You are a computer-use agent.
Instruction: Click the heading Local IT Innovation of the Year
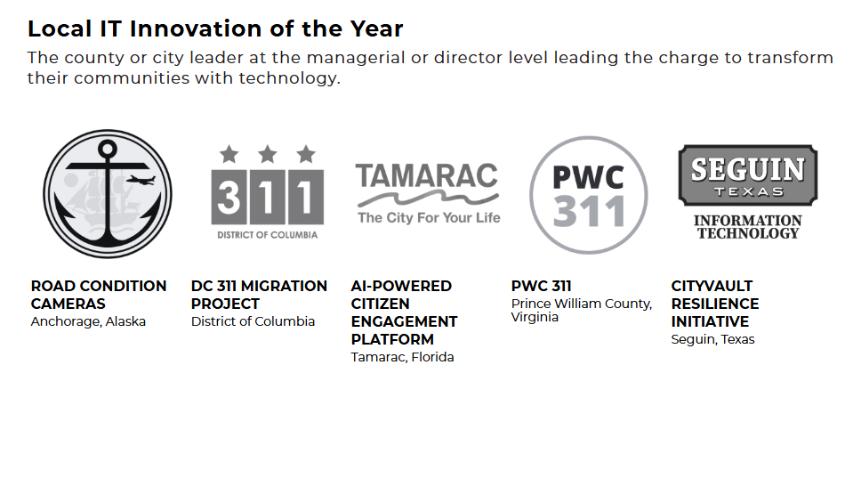tap(215, 28)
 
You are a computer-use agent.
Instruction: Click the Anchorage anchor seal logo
tap(107, 193)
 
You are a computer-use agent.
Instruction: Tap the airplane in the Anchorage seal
tap(141, 180)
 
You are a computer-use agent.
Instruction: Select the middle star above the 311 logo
tap(268, 155)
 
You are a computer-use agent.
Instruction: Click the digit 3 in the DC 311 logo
tap(229, 197)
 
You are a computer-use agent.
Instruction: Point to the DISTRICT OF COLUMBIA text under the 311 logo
tap(267, 235)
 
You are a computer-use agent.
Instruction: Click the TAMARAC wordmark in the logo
tap(427, 175)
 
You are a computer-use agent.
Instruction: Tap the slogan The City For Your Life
tap(429, 217)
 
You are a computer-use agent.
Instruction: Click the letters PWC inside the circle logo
tap(588, 177)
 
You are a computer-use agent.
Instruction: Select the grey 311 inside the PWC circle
tap(588, 212)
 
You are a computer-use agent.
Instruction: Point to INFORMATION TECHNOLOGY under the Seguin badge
tap(747, 227)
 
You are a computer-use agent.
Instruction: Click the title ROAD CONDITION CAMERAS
tap(98, 295)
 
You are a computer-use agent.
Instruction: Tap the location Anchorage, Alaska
tap(88, 321)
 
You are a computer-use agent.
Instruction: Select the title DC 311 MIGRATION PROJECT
tap(259, 295)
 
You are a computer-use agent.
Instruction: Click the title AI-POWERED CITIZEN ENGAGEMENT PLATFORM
tap(404, 312)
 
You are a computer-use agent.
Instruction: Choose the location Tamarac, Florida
tap(402, 357)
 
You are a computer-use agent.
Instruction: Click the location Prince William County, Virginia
tap(581, 310)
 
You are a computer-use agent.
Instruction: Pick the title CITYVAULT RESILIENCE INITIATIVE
tap(714, 304)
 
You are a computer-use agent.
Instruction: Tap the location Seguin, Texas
tap(712, 339)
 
